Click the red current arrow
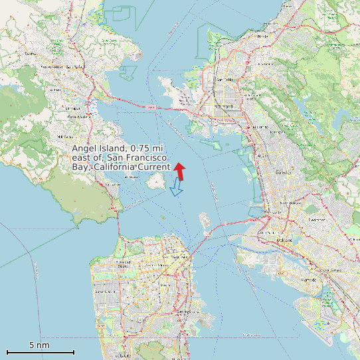[180, 171]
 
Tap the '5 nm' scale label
[39, 345]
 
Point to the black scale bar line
[40, 352]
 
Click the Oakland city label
[285, 239]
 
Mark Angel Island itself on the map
[157, 180]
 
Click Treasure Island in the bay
[205, 219]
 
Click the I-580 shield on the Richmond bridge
[151, 106]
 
